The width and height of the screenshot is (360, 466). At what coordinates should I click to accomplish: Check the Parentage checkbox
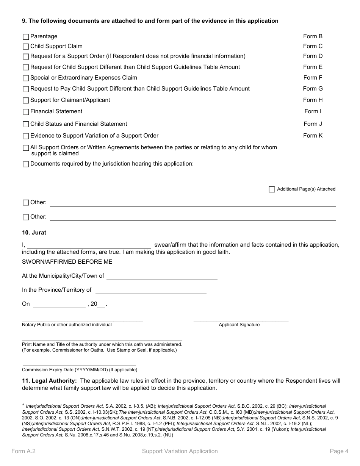[x=26, y=37]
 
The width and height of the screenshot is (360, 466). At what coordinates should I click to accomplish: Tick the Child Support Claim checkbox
[x=26, y=47]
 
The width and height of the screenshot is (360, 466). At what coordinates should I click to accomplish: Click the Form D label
[x=313, y=56]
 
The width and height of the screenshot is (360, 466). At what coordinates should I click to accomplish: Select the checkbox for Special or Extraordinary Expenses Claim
[x=26, y=78]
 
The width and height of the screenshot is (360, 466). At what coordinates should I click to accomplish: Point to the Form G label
[x=313, y=89]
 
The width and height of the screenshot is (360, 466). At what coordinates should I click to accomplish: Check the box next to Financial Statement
[x=26, y=112]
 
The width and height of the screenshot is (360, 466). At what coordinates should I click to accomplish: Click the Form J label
[x=313, y=124]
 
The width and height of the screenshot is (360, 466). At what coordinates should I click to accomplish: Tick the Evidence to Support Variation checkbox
[x=26, y=136]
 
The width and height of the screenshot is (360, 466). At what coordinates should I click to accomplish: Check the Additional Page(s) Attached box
[x=272, y=189]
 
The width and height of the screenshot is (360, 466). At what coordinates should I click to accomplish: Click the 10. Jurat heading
[x=34, y=233]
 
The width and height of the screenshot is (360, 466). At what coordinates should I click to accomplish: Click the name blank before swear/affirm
[x=89, y=246]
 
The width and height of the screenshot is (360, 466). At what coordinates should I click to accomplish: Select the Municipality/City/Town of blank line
[x=162, y=277]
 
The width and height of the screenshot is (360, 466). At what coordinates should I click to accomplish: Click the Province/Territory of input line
[x=151, y=291]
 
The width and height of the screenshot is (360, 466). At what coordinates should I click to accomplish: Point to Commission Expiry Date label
[x=80, y=370]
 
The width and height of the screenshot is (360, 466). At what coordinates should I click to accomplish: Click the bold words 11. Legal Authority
[x=49, y=381]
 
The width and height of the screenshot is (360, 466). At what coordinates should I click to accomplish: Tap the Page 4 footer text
[x=339, y=451]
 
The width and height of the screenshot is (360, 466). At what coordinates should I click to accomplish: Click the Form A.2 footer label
[x=23, y=451]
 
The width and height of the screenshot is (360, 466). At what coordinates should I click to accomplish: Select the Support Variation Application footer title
[x=180, y=451]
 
